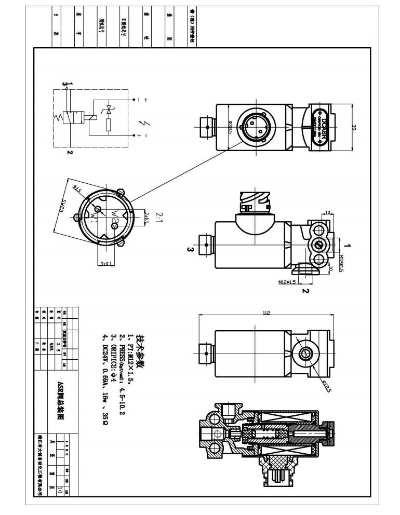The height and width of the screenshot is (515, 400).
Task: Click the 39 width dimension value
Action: click(354, 128)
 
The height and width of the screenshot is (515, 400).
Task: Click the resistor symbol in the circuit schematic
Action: click(109, 125)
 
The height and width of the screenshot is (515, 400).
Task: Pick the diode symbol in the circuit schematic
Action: click(109, 110)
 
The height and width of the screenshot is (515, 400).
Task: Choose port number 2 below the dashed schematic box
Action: click(69, 152)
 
